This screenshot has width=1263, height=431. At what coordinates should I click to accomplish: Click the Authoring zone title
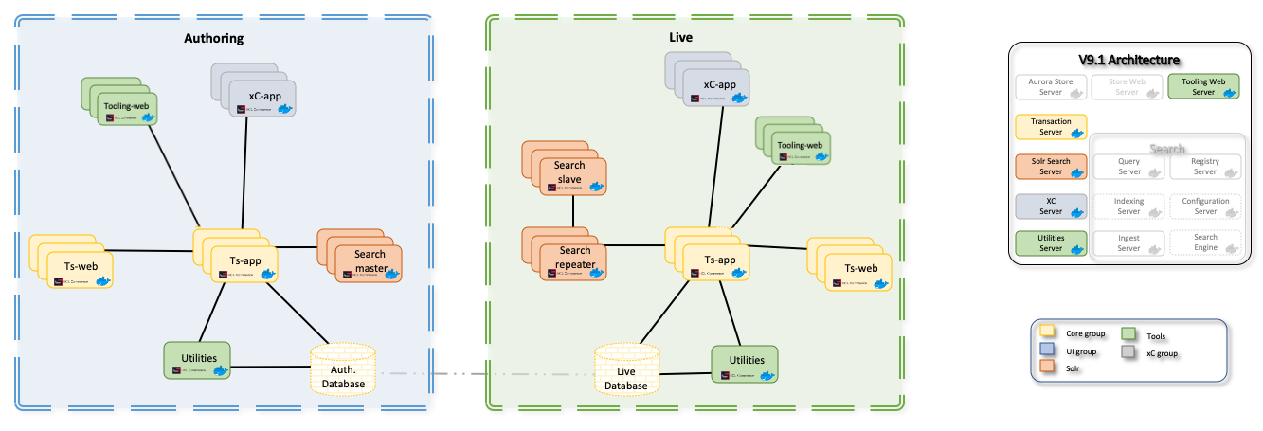pyautogui.click(x=213, y=39)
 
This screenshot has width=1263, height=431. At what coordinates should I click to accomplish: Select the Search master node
pyautogui.click(x=368, y=262)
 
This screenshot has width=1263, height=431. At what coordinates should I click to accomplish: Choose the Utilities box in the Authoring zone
pyautogui.click(x=197, y=361)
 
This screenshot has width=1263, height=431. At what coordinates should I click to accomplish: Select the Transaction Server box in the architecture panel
pyautogui.click(x=1050, y=127)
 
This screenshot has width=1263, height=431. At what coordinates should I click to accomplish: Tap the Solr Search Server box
pyautogui.click(x=1050, y=167)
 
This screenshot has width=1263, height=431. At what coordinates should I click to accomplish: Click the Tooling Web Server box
pyautogui.click(x=1203, y=87)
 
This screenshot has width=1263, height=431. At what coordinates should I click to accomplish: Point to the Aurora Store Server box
pyautogui.click(x=1050, y=87)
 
